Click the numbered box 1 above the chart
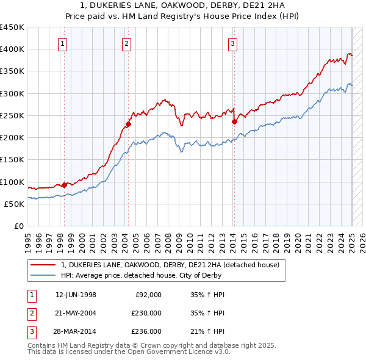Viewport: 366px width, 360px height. (63, 43)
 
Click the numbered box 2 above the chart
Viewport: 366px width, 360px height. (126, 43)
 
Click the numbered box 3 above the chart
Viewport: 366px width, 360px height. (232, 43)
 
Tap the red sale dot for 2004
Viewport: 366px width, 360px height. (128, 124)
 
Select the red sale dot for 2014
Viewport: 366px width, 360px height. (234, 121)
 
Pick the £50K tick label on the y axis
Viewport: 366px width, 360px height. (14, 204)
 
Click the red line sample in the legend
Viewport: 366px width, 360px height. (43, 265)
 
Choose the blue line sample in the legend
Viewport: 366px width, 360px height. (43, 275)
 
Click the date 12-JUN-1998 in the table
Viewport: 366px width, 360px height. (76, 295)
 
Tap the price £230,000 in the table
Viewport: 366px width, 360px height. (146, 313)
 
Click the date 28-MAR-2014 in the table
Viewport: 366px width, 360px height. (76, 331)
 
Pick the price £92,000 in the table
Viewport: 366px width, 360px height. (148, 295)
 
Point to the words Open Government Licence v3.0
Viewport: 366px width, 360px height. (181, 351)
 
